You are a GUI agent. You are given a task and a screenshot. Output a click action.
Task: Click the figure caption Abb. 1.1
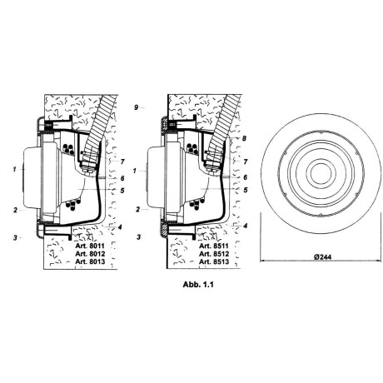[198, 285]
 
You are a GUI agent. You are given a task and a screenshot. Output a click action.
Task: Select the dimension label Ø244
[323, 257]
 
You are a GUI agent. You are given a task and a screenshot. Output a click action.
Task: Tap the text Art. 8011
[90, 246]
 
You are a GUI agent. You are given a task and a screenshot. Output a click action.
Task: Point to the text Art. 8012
[90, 254]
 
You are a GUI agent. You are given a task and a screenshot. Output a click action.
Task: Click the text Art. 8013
[90, 261]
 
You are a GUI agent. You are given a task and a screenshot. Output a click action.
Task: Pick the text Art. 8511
[214, 246]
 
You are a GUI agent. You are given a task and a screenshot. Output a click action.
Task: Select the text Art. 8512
[214, 254]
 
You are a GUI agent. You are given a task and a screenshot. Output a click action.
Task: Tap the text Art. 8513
[214, 261]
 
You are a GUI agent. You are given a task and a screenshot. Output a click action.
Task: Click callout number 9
[136, 107]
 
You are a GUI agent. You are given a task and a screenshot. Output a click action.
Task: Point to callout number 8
[244, 138]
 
